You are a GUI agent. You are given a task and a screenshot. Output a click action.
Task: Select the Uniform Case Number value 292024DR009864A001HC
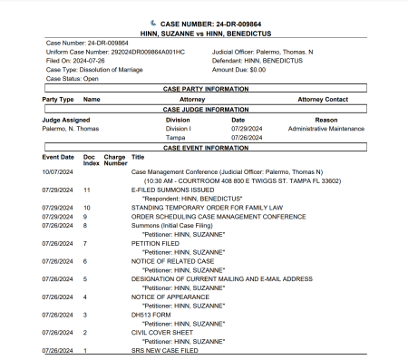[145, 51]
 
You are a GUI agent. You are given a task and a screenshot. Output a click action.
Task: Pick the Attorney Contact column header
[324, 100]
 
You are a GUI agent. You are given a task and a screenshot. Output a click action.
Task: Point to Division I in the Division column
[178, 129]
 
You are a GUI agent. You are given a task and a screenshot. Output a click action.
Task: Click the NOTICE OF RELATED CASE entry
[174, 261]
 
